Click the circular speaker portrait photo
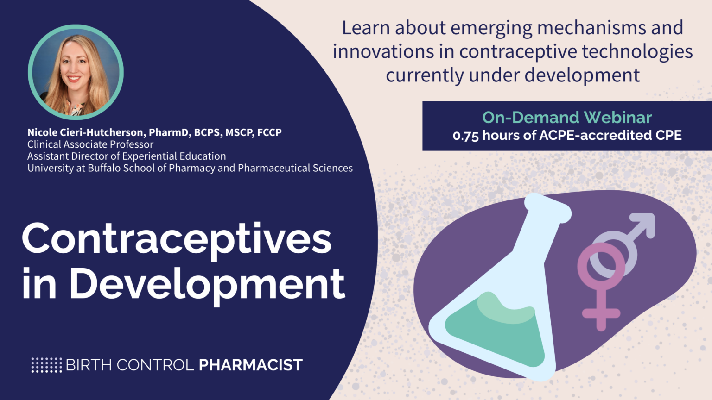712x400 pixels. tap(76, 72)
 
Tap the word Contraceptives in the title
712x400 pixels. tap(177, 239)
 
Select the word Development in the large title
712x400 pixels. tap(207, 283)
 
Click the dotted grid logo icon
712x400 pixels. tap(46, 365)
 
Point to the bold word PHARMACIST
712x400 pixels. tap(250, 365)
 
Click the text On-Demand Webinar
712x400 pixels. tap(567, 118)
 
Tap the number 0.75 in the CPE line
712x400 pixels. tap(466, 136)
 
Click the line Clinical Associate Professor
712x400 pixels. tap(90, 144)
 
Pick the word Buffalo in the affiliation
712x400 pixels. tap(104, 168)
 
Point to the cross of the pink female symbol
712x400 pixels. tap(601, 313)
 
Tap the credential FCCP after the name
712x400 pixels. tap(269, 132)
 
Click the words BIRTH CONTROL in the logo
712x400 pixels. tap(130, 365)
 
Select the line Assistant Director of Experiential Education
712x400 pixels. tap(127, 156)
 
